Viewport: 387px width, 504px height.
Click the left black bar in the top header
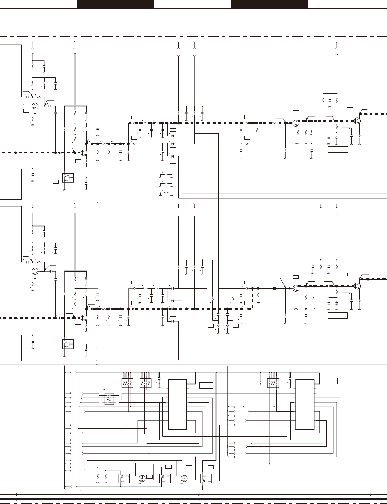click(x=115, y=4)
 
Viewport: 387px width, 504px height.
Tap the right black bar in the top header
click(x=269, y=4)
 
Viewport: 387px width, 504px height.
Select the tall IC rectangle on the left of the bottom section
click(x=177, y=405)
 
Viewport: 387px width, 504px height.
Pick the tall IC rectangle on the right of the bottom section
click(x=304, y=405)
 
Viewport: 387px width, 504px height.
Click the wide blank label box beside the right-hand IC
click(x=330, y=380)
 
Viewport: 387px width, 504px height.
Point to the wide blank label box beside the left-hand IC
click(x=206, y=385)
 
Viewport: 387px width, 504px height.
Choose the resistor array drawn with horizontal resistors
click(x=109, y=399)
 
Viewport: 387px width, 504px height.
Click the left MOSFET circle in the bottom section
click(x=142, y=479)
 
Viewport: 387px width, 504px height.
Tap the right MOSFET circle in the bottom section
click(x=184, y=479)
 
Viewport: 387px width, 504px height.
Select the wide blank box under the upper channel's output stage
click(x=338, y=150)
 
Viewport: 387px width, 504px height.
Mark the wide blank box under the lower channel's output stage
click(x=338, y=315)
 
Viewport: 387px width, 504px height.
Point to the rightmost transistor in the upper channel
click(x=357, y=121)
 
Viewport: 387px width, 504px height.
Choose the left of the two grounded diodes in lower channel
click(x=218, y=326)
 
